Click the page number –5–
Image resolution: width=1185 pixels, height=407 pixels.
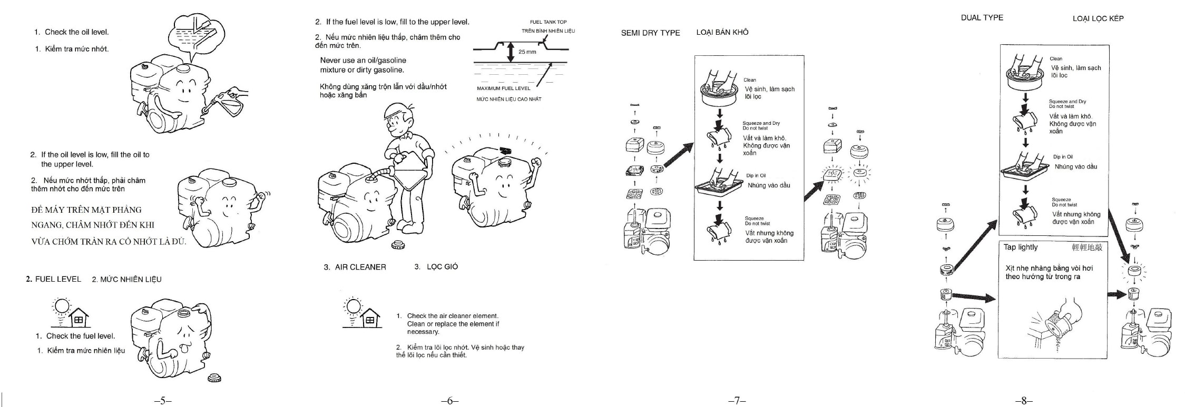[163, 401]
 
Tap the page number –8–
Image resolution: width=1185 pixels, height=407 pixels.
[1023, 401]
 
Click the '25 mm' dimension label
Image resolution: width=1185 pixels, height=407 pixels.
[527, 52]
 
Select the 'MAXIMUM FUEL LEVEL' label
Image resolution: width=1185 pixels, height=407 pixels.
[503, 88]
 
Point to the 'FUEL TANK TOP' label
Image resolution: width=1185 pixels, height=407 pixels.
[548, 22]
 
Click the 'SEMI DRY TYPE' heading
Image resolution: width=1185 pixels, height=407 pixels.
[650, 33]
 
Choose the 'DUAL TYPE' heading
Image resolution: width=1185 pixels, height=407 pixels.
[982, 17]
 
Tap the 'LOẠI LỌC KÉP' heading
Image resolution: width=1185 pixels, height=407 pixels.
[1098, 18]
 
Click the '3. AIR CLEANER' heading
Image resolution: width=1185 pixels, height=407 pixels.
[355, 267]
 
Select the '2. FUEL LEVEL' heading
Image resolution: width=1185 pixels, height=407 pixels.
[53, 279]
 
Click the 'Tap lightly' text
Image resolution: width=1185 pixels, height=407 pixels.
[1020, 247]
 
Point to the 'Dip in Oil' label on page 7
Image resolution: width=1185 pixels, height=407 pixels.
[756, 175]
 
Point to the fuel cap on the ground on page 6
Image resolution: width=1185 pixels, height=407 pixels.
[398, 245]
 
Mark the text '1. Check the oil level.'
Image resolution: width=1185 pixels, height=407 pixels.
[72, 32]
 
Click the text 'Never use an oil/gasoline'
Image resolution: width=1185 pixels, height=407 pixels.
[363, 61]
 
